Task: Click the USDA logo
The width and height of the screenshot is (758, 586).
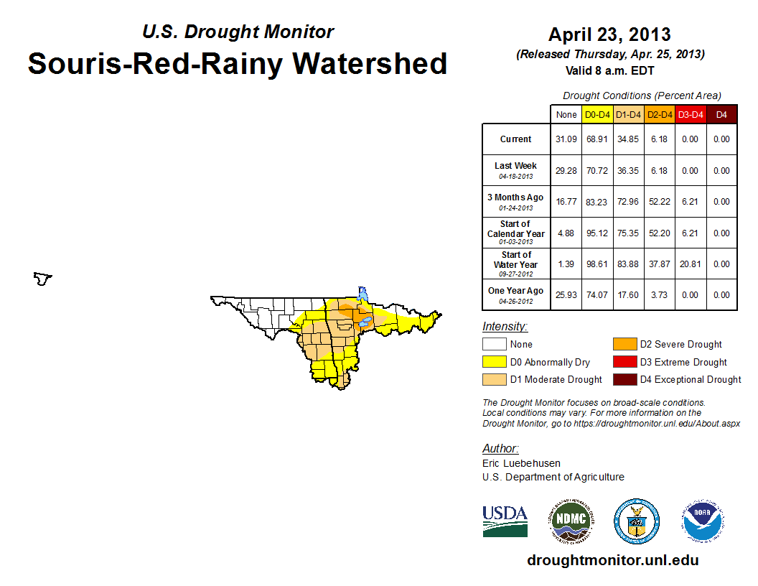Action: (x=505, y=521)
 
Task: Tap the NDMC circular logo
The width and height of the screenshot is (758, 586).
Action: (x=571, y=521)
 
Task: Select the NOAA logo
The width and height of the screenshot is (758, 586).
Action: (x=703, y=521)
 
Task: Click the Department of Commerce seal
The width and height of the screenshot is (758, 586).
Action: (x=637, y=521)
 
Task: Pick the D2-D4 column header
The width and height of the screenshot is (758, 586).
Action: (x=660, y=115)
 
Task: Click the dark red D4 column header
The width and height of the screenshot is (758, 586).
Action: (x=721, y=115)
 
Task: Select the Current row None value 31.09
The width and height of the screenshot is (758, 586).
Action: (x=566, y=139)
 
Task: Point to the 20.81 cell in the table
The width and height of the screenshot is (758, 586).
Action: (x=690, y=264)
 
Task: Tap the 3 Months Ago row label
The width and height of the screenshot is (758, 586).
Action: (x=516, y=202)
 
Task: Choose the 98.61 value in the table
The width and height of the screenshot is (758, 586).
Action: (x=597, y=264)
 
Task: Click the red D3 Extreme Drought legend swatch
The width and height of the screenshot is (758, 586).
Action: (x=624, y=362)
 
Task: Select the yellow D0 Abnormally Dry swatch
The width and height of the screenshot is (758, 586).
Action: (x=494, y=362)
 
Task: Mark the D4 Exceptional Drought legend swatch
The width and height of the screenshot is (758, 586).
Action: (x=624, y=380)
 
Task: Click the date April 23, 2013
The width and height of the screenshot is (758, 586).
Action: (x=609, y=34)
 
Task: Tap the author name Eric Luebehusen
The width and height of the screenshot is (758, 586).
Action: (x=521, y=463)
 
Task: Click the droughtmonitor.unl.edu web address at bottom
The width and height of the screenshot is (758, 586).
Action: (x=612, y=560)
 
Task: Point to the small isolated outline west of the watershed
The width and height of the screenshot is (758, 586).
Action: (x=42, y=279)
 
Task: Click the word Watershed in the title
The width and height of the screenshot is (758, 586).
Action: (x=370, y=64)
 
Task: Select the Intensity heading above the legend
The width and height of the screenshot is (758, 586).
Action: (x=505, y=327)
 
